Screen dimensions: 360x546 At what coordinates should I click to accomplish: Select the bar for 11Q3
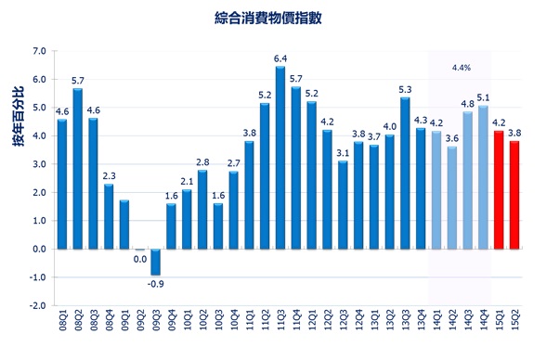click(280, 158)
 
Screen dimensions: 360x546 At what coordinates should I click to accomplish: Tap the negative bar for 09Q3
click(155, 262)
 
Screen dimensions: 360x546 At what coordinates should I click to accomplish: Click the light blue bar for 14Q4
click(483, 177)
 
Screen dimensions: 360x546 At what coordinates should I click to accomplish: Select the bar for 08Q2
click(77, 168)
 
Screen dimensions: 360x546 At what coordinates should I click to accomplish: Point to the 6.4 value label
click(280, 58)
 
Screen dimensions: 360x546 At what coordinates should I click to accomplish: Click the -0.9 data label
click(156, 282)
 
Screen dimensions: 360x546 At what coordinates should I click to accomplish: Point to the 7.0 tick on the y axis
click(39, 51)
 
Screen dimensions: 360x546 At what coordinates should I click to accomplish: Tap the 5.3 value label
click(405, 89)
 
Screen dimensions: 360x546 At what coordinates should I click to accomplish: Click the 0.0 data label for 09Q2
click(139, 259)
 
